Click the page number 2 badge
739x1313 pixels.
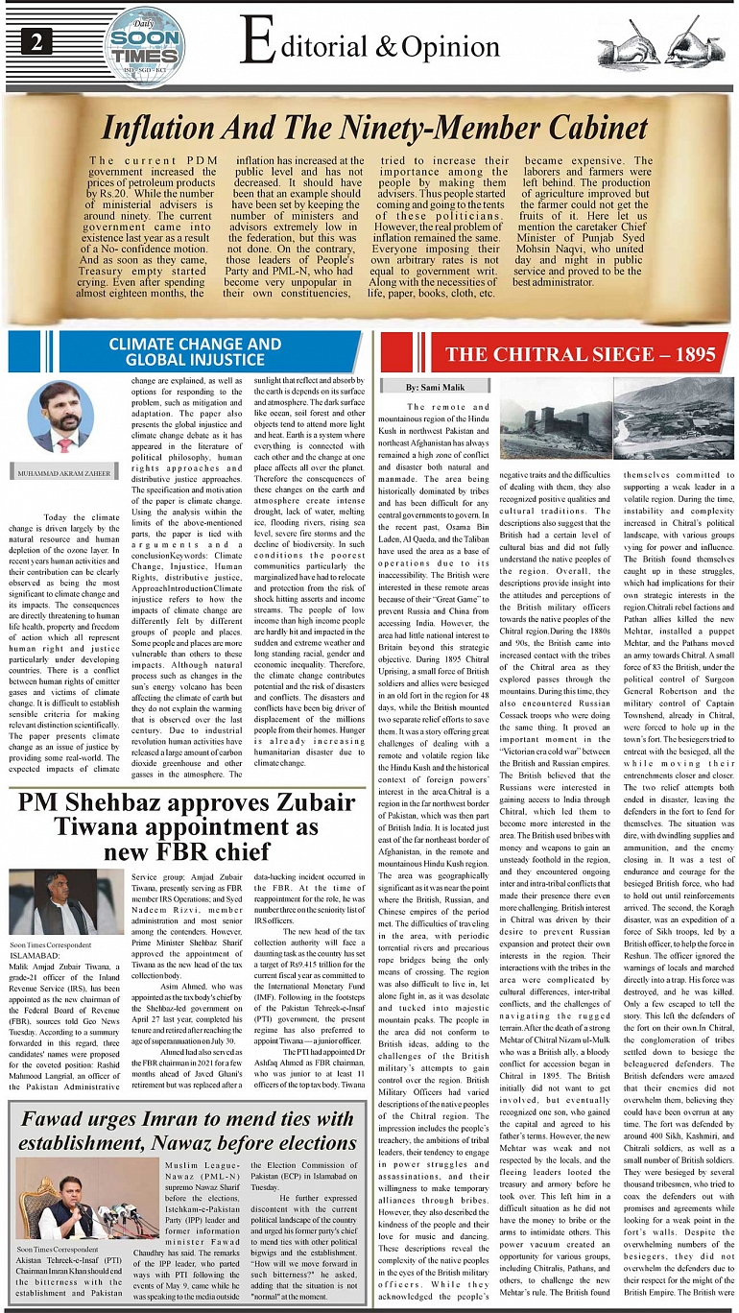click(x=36, y=40)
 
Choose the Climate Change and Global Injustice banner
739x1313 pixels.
click(x=195, y=351)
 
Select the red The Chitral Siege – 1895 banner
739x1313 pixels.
click(x=566, y=353)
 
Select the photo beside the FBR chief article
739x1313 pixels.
click(x=65, y=903)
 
